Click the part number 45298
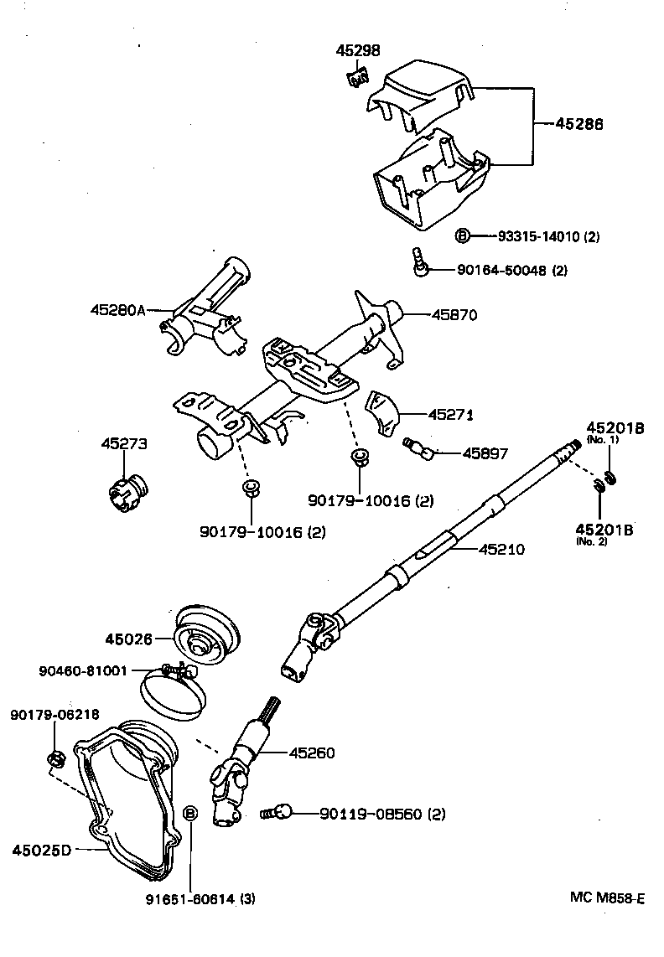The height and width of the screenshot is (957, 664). click(x=360, y=51)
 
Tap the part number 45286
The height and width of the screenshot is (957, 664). click(x=579, y=124)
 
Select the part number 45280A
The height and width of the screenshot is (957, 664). click(x=117, y=310)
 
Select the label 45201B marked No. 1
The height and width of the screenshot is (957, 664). click(x=615, y=427)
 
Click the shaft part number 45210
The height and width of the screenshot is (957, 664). click(x=501, y=550)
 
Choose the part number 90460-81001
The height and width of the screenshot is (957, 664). click(x=82, y=670)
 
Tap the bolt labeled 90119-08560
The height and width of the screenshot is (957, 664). click(x=278, y=811)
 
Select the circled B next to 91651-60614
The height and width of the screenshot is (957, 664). click(x=189, y=813)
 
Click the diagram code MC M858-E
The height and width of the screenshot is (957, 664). click(x=607, y=898)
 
